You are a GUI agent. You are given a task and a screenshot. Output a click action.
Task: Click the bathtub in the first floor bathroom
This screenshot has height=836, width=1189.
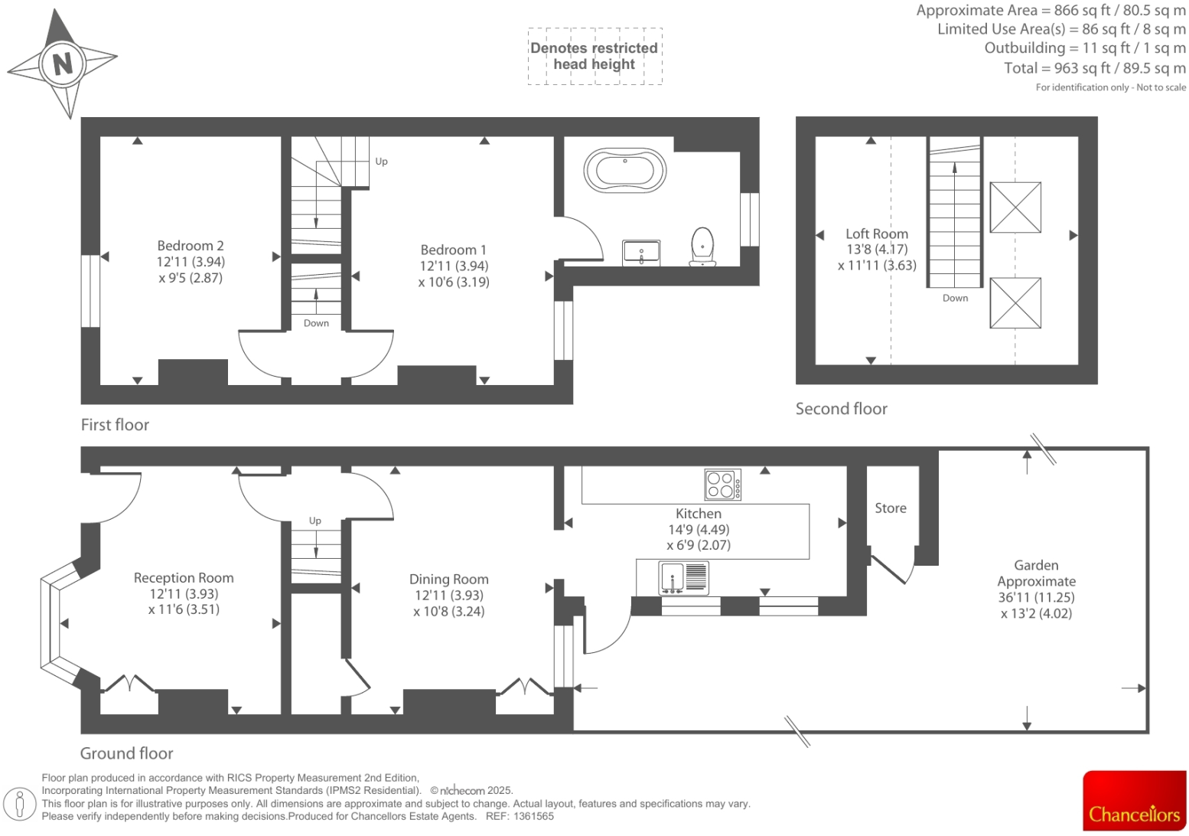(624, 170)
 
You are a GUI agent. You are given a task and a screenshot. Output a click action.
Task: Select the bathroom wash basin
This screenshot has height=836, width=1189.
(640, 252)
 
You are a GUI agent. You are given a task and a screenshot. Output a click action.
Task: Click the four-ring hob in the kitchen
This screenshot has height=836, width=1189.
(722, 485)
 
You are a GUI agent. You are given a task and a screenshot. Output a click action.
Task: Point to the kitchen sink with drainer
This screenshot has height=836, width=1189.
(684, 578)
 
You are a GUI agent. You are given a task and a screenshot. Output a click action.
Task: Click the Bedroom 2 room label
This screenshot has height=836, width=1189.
(191, 246)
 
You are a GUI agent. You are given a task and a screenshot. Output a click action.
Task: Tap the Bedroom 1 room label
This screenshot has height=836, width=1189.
(453, 250)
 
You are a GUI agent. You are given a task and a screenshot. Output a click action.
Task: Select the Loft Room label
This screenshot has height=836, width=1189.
(877, 234)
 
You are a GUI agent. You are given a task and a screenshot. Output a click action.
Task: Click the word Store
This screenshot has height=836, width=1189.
(890, 508)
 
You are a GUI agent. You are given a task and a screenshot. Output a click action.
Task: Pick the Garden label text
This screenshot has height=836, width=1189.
(1036, 566)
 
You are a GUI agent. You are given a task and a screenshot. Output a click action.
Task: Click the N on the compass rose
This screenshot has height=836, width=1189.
(63, 61)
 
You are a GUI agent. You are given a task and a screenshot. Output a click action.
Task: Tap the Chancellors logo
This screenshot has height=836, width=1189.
(1134, 801)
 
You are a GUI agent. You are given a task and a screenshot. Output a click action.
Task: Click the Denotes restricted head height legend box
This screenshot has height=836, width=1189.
(594, 56)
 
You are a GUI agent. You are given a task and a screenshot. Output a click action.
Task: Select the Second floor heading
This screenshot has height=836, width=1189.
(841, 409)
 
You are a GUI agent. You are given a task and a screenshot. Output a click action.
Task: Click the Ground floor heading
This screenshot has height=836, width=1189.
(126, 753)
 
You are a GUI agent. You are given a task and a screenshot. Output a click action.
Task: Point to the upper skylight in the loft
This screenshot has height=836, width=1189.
(1015, 207)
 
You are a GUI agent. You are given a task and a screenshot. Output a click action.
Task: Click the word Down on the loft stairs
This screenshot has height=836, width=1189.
(955, 299)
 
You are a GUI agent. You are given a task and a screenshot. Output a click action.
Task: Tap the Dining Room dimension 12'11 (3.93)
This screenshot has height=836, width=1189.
(448, 596)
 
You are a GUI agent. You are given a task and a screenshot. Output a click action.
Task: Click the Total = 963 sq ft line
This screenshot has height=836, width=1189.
(1094, 68)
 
